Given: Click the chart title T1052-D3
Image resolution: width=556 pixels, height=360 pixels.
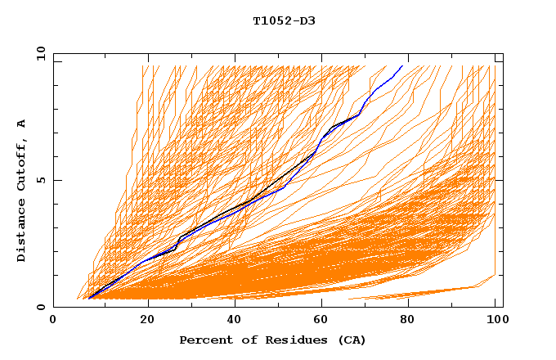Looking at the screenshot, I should coord(284,20).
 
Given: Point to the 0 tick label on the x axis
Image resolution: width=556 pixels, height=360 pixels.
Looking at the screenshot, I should coord(54,320).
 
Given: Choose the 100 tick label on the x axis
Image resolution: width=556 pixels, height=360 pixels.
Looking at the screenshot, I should coord(495,320).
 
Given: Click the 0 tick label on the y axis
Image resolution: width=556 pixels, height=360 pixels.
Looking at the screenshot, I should coord(40,307).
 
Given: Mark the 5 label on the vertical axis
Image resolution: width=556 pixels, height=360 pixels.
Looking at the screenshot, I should coord(40,180).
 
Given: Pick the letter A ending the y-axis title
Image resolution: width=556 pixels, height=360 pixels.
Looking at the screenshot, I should coord(22,124).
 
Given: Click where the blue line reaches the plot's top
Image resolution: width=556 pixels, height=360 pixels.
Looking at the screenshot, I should coord(402,66).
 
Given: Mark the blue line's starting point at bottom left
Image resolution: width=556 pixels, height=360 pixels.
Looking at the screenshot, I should coord(88,299).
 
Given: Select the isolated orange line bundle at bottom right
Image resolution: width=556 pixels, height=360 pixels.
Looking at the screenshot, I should coord(425,293).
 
